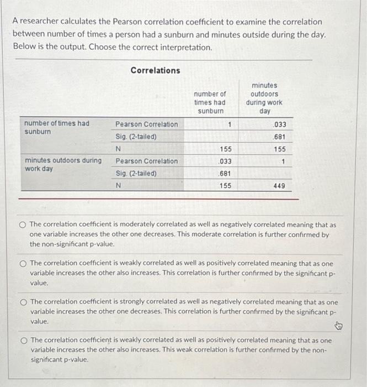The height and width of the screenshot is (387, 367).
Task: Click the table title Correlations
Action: tap(155, 71)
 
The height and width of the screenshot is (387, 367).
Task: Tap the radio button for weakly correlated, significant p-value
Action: tap(22, 263)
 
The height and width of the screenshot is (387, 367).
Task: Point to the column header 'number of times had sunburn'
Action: tap(210, 103)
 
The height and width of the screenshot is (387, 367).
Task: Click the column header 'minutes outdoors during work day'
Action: tap(264, 98)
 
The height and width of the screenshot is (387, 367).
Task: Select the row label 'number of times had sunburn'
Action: tap(57, 128)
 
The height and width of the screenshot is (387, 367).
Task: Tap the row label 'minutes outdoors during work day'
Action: tap(63, 164)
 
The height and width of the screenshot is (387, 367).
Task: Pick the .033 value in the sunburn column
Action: tap(225, 161)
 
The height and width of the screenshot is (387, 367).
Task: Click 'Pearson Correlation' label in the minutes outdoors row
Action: tap(146, 161)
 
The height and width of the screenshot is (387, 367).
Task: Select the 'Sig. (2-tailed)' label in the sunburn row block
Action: tap(136, 137)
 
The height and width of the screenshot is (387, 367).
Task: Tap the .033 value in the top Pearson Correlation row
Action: tap(280, 124)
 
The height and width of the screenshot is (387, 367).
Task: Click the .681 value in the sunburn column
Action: tap(225, 174)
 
